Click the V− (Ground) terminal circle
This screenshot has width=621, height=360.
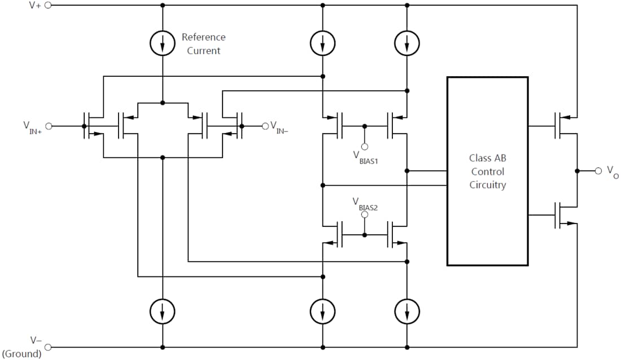pyautogui.click(x=48, y=347)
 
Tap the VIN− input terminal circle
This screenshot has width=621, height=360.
pyautogui.click(x=264, y=126)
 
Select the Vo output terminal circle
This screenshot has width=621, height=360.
pyautogui.click(x=598, y=170)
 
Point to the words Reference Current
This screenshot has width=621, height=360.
pyautogui.click(x=203, y=44)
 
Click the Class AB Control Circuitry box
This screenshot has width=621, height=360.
pyautogui.click(x=487, y=171)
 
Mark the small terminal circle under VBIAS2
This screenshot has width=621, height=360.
pyautogui.click(x=365, y=214)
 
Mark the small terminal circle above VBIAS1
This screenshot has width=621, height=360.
pyautogui.click(x=365, y=146)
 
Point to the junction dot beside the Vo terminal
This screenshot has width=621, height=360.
pyautogui.click(x=577, y=170)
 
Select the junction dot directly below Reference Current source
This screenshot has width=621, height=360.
pyautogui.click(x=163, y=103)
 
